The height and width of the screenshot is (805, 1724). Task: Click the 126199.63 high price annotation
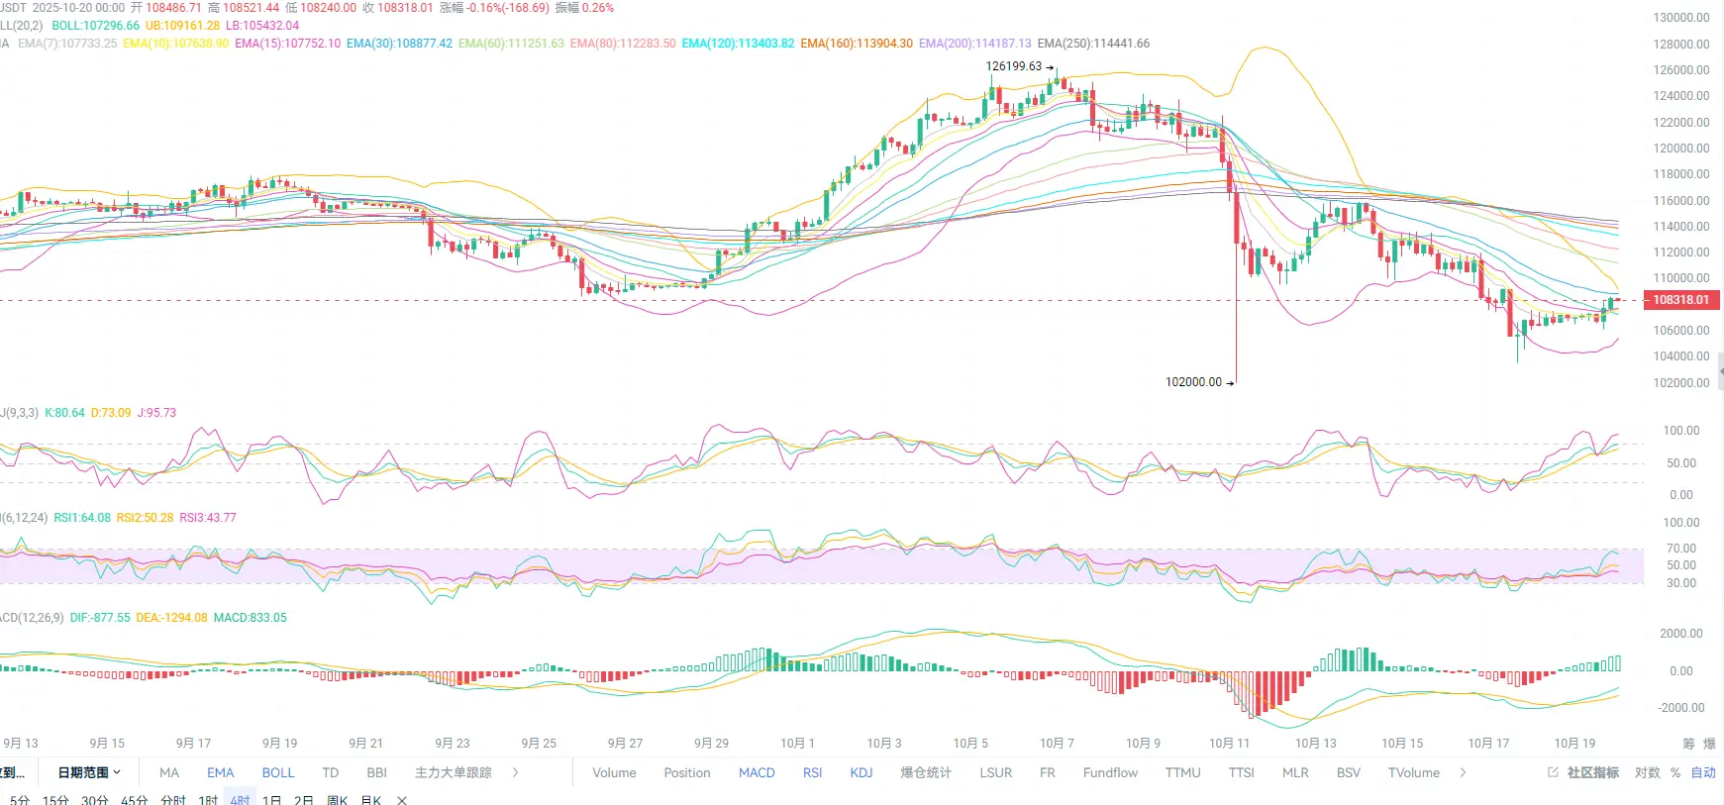coord(1014,66)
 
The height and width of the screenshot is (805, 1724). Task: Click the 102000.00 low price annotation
coord(1193,382)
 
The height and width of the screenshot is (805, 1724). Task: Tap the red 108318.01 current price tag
coord(1680,300)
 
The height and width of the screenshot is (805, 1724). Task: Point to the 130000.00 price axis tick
coord(1680,18)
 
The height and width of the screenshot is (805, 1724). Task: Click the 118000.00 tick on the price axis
coord(1680,174)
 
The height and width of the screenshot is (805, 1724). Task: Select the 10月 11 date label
coord(1229,744)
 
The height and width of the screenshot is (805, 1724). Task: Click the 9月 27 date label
coord(625,744)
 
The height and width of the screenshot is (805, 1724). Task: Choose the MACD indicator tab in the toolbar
coord(757,773)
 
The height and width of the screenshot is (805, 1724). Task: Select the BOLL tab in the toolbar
coord(278,773)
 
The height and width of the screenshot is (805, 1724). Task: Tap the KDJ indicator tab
coord(862,773)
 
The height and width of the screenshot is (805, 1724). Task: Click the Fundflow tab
coord(1110,773)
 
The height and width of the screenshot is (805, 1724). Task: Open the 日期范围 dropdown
coord(89,773)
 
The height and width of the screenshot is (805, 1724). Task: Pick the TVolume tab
coord(1413,773)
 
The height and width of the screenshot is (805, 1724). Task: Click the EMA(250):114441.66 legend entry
coord(1093,44)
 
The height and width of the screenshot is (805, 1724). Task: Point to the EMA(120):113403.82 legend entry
coord(738,44)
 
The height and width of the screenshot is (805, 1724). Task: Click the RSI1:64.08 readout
coord(82,518)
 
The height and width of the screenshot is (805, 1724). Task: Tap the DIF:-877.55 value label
coord(100,618)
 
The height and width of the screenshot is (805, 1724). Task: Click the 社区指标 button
coord(1592,773)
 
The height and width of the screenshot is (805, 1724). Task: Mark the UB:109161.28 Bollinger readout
coord(182,26)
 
